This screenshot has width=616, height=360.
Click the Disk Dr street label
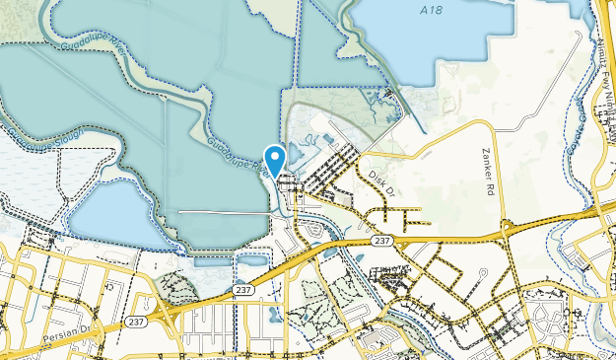[381, 179]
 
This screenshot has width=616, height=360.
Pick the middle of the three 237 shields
[243, 289]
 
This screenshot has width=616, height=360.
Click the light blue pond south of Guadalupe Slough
[118, 212]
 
